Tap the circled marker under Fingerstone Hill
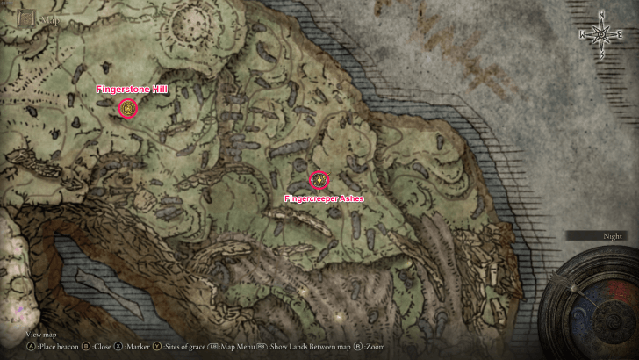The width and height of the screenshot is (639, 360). point(129,108)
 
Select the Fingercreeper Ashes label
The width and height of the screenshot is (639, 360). point(324,198)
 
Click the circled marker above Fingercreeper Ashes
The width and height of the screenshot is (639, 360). point(319,180)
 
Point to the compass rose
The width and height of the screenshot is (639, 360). point(600,35)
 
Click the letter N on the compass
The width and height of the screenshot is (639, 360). point(600,12)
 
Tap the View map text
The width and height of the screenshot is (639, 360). point(40,335)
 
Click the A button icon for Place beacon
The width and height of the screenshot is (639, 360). point(31,347)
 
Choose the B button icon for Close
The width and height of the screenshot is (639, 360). point(85,347)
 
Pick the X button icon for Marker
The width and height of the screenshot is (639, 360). point(118,347)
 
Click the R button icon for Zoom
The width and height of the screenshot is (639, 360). point(359,347)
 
